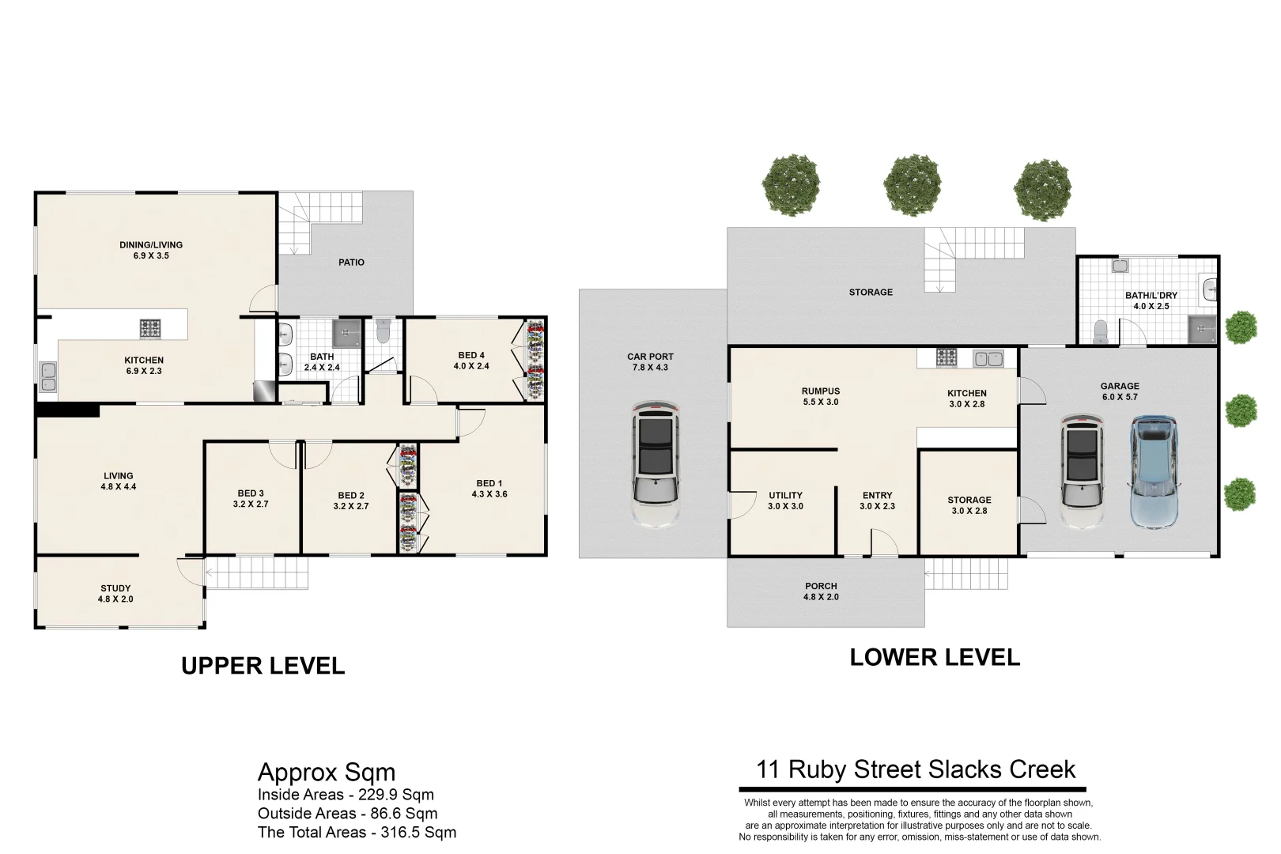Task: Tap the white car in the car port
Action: (656, 463)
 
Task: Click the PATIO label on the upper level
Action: (351, 263)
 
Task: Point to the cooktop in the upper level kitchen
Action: (150, 328)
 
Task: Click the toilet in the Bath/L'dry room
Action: (1100, 333)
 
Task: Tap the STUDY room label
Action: (115, 588)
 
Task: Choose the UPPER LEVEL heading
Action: (263, 666)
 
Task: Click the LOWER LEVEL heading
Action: (935, 657)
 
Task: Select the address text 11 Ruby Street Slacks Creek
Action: (916, 769)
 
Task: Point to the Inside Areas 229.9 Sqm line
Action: (346, 795)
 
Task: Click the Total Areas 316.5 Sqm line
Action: (357, 833)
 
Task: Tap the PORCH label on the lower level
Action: (821, 586)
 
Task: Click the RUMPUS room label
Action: (821, 391)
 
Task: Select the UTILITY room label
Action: (785, 495)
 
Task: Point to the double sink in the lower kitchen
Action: (988, 359)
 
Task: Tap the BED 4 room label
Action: (470, 355)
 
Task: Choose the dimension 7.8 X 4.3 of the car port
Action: (650, 368)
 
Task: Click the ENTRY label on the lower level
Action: (877, 495)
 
